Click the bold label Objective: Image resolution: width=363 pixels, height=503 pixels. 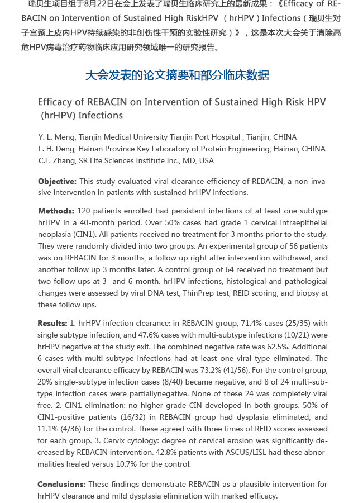coord(57,181)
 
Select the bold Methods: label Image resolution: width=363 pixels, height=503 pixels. coord(56,211)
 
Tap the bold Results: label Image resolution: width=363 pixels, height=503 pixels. coord(52,323)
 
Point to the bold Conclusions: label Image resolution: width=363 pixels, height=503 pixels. coord(61,484)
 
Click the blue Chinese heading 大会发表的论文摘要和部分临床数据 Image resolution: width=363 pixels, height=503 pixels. coord(177,75)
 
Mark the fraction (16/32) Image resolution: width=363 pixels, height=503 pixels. coord(135,417)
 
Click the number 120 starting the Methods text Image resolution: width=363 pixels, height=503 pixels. coord(84,211)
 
